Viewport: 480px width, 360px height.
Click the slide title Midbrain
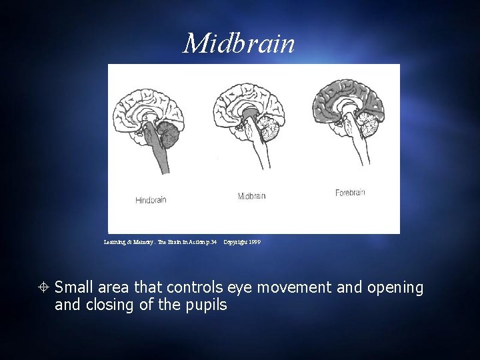click(x=239, y=44)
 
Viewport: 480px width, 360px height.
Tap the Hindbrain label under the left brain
click(x=151, y=200)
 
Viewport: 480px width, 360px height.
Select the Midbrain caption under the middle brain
click(x=251, y=196)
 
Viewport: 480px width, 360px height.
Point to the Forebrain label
click(x=350, y=193)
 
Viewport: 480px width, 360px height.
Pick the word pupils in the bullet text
click(x=206, y=305)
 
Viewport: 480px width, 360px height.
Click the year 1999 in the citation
click(x=254, y=242)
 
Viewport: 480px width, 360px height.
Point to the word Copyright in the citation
click(x=235, y=242)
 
